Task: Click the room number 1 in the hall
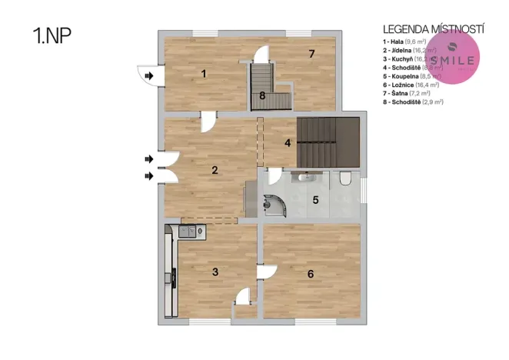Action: [204, 74]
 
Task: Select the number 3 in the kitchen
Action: [216, 271]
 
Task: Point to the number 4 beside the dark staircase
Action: [287, 143]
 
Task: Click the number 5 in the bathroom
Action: [314, 201]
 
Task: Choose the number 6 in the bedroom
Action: [310, 274]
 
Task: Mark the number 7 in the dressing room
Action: [311, 54]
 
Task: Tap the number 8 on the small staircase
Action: [262, 95]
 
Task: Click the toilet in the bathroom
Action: [344, 179]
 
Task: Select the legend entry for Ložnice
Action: [411, 85]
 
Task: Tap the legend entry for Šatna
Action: [408, 93]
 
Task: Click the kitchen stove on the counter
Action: [188, 231]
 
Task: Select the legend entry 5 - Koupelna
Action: [410, 76]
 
